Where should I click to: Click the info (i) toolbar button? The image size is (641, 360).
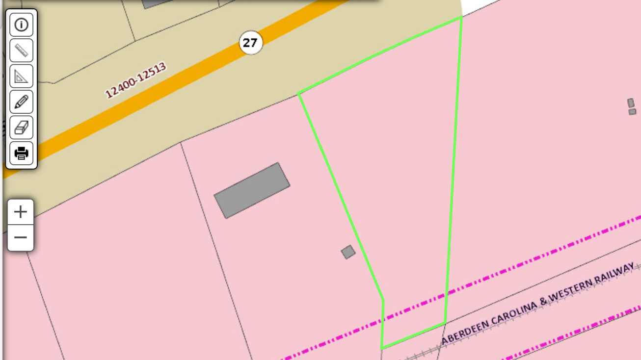tap(22, 25)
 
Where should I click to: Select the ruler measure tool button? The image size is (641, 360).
tap(22, 50)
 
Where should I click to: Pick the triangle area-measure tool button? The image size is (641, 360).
tap(22, 76)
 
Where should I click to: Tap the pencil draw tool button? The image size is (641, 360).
tap(22, 102)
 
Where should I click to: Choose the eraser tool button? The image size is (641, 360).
tap(22, 128)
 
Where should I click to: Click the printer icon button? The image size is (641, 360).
tap(22, 154)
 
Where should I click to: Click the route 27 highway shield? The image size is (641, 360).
tap(250, 43)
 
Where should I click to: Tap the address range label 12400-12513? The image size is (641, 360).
tap(136, 79)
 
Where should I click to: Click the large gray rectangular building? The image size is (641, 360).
tap(252, 190)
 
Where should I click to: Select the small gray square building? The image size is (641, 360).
tap(348, 252)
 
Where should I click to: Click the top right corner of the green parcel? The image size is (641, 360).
tap(461, 18)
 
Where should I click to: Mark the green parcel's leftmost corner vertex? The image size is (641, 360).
tap(298, 93)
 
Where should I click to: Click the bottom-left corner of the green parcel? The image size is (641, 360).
tap(382, 348)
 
